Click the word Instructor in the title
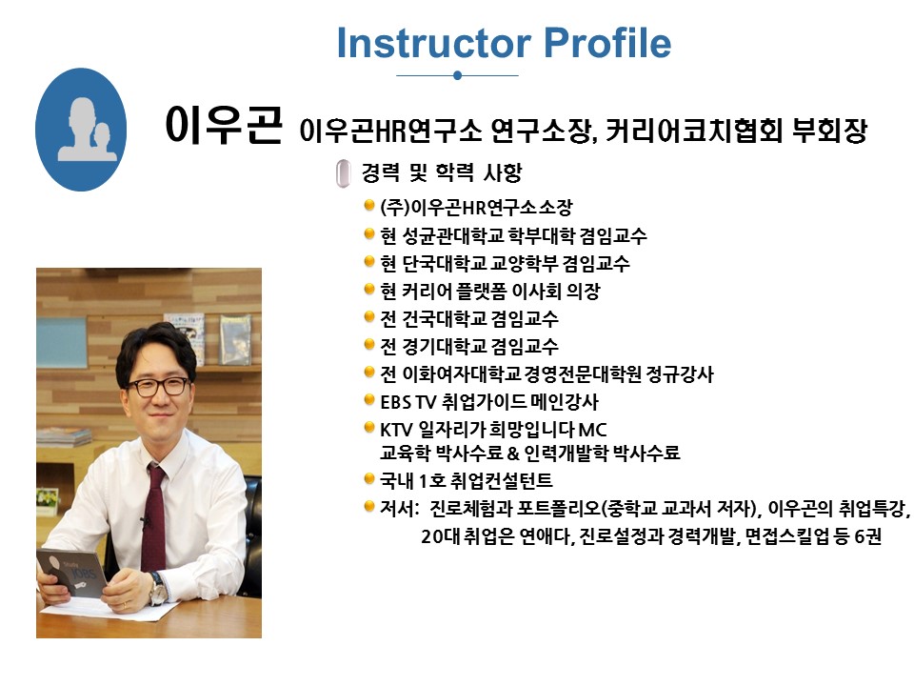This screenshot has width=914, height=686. coord(434,43)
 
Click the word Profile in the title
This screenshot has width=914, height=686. coord(607,43)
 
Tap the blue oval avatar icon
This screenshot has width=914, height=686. coord(81,130)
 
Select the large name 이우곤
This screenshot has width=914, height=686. coord(224,125)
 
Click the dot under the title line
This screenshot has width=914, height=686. coord(458,75)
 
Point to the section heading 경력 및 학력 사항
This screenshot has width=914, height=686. coord(441,172)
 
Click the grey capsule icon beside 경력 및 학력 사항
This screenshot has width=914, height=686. coord(344,173)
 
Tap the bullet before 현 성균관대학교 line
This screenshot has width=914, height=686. coord(369,234)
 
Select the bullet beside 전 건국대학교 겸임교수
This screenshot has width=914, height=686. coord(369,316)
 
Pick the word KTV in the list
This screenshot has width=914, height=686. coord(396,430)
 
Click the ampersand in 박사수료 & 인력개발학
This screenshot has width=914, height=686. coord(513,454)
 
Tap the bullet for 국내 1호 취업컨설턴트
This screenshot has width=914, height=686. coord(369,479)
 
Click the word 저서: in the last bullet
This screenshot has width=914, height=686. coord(399,509)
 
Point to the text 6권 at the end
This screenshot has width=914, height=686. coord(868,536)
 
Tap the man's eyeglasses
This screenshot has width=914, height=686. coord(159,386)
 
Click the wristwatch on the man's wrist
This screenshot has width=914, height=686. coord(157,589)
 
